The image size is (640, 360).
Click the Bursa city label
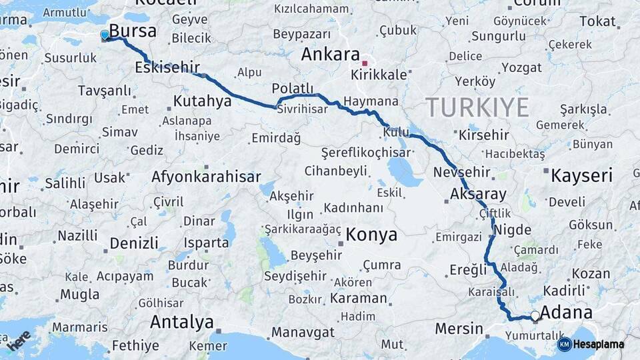133,31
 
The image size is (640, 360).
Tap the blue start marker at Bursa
105,35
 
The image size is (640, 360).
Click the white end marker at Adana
535,316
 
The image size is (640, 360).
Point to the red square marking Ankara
365,63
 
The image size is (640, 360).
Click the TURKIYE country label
477,107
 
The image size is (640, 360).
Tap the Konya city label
371,235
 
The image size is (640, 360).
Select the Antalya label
181,322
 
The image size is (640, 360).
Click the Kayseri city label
581,175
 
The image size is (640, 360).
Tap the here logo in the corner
18,340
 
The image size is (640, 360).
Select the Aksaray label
478,194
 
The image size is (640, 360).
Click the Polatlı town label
292,89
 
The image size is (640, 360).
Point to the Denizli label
134,242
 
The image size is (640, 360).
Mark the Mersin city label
459,328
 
